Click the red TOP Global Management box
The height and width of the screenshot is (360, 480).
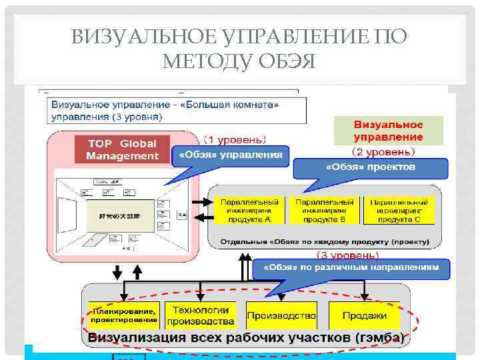(x=122, y=150)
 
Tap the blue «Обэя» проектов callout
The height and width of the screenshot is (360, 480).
(x=370, y=167)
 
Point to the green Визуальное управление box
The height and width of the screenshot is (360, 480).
(x=388, y=131)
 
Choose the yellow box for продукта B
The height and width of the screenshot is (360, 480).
(x=324, y=210)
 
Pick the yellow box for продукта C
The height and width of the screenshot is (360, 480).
(x=399, y=210)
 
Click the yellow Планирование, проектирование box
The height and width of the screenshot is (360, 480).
(x=125, y=315)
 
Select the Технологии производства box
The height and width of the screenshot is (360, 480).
(x=200, y=315)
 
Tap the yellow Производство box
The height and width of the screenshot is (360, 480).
(x=281, y=315)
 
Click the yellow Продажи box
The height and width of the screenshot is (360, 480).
(x=364, y=315)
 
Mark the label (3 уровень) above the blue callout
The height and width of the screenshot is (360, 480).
(x=347, y=255)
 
